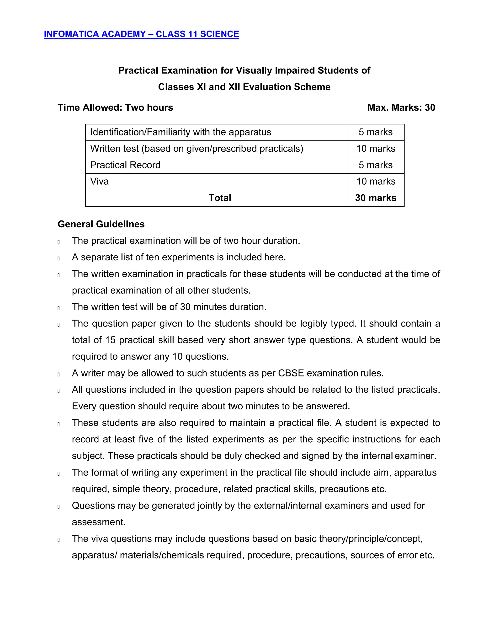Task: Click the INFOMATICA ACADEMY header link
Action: click(141, 34)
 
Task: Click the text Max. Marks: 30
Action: click(401, 107)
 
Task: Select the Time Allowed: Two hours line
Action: click(115, 107)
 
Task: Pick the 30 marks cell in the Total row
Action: click(375, 198)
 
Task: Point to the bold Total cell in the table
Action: click(220, 198)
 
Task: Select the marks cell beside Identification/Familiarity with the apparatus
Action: click(375, 132)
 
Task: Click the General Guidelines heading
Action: click(101, 224)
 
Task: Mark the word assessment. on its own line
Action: click(99, 522)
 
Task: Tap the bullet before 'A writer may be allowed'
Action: click(59, 374)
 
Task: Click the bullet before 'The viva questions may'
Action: click(59, 540)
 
